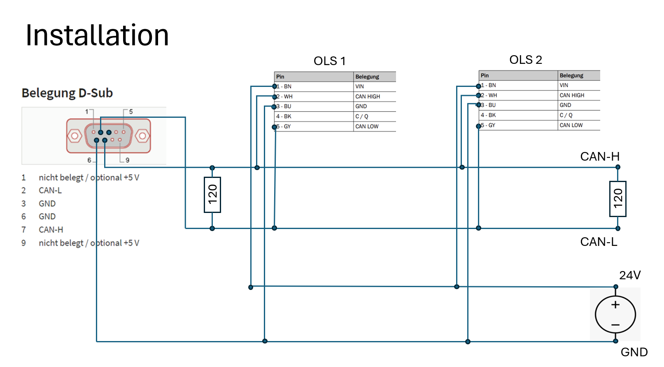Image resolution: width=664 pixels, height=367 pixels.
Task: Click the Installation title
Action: [97, 35]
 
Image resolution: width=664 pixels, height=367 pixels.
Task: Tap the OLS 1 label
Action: [329, 61]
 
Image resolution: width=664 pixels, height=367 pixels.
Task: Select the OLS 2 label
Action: [525, 60]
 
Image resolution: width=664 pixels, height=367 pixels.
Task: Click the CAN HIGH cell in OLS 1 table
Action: [368, 96]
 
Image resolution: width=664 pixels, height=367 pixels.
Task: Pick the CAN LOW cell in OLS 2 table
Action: [571, 125]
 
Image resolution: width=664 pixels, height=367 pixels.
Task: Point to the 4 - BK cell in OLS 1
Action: [284, 117]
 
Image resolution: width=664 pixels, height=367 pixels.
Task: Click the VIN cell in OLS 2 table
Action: [564, 85]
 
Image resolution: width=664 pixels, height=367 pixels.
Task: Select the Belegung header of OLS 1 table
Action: [367, 77]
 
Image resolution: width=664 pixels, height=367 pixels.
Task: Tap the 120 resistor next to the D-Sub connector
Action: [212, 195]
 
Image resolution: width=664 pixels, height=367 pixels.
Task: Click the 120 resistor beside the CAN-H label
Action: [617, 199]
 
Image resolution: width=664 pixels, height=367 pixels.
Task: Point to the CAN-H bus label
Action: [599, 157]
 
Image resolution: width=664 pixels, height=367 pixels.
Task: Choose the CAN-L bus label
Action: [599, 242]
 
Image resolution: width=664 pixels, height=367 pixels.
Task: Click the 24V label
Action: [630, 275]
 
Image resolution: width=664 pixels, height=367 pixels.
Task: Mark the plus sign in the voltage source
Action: [615, 305]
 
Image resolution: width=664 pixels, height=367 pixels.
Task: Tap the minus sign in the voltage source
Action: [615, 325]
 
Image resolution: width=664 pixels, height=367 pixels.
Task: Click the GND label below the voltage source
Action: [634, 352]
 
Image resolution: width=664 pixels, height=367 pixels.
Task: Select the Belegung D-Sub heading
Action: [67, 93]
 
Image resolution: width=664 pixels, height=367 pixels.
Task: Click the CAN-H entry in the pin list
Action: [51, 230]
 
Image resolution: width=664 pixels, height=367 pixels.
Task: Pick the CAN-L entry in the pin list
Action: [50, 190]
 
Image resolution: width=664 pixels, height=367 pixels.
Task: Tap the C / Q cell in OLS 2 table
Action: [566, 115]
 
